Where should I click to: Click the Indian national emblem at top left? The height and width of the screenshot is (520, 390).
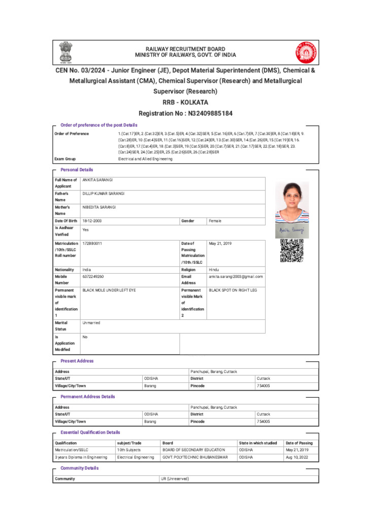(x=66, y=51)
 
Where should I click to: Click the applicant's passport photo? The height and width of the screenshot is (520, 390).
(x=292, y=202)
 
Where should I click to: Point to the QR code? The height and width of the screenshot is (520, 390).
(x=292, y=250)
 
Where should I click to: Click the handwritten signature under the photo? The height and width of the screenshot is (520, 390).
(x=292, y=231)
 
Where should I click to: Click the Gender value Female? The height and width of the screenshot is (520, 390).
(x=215, y=221)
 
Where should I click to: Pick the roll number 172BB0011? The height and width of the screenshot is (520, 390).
(x=92, y=244)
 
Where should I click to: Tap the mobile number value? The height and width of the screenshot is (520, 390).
(x=93, y=277)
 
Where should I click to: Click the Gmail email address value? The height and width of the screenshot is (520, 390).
(x=236, y=277)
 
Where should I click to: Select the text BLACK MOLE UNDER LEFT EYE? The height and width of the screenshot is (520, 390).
(x=109, y=290)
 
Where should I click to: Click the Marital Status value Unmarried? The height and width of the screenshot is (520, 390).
(x=91, y=323)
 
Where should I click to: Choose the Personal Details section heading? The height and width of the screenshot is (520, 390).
(x=77, y=170)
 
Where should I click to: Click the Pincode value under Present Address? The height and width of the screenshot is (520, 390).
(x=264, y=386)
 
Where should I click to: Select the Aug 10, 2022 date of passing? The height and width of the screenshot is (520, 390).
(x=297, y=457)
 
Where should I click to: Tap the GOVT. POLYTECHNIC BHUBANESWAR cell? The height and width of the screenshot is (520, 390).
(x=196, y=457)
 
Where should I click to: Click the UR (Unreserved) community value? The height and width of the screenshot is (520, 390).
(x=175, y=479)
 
